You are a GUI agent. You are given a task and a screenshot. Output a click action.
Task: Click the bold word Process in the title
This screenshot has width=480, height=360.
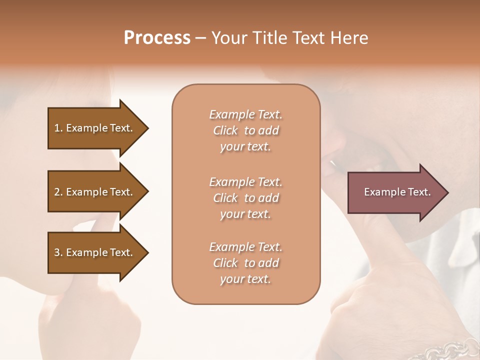pyautogui.click(x=157, y=38)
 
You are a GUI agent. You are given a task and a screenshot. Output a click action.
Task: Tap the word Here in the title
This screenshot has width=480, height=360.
pyautogui.click(x=349, y=38)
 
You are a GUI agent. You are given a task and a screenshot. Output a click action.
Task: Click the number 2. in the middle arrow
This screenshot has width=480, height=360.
pyautogui.click(x=58, y=192)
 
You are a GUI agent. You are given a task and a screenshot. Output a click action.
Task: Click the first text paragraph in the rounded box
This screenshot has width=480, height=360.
pyautogui.click(x=245, y=130)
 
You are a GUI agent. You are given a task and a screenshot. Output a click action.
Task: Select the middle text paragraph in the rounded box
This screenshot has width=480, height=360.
pyautogui.click(x=245, y=198)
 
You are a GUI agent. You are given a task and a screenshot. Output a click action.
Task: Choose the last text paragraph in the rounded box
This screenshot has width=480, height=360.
pyautogui.click(x=245, y=263)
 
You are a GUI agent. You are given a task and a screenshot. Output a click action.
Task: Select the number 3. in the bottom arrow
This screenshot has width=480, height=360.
pyautogui.click(x=58, y=252)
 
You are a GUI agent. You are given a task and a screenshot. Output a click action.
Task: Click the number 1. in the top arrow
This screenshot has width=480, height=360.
pyautogui.click(x=58, y=128)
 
